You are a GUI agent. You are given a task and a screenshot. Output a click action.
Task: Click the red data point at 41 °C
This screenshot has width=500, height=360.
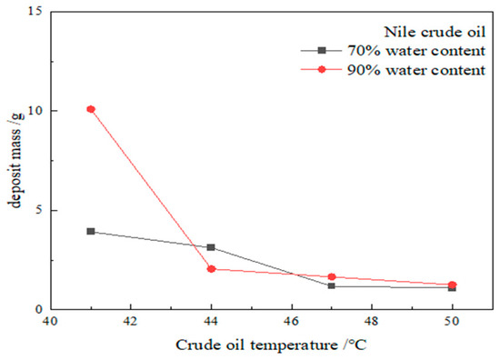click(91, 109)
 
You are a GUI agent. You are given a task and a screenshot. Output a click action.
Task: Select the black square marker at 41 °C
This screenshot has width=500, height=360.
click(91, 231)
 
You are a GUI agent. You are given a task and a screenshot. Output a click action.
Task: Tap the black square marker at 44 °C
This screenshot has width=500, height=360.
click(211, 247)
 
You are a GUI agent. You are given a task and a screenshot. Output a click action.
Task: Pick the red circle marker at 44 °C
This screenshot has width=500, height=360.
click(211, 269)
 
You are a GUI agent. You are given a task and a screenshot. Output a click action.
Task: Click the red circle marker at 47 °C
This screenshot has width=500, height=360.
click(332, 276)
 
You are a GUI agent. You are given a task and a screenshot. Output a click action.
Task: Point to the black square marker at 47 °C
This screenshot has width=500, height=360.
click(332, 286)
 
